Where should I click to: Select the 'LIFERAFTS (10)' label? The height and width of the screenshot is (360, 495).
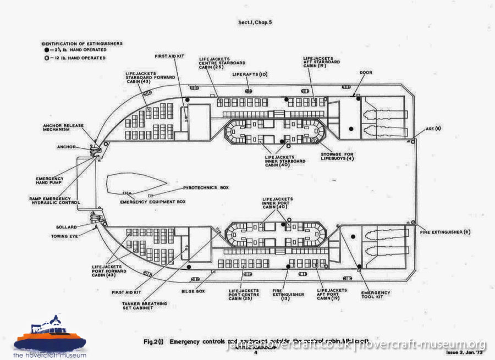pos(250,74)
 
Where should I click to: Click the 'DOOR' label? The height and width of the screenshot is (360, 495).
pos(366,72)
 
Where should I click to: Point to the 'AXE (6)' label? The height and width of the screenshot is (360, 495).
pos(433,128)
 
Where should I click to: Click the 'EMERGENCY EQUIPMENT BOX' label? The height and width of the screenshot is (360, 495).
pos(152,202)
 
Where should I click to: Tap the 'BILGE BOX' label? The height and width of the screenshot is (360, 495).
pos(193,291)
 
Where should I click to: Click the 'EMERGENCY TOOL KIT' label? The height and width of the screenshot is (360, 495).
pos(376,295)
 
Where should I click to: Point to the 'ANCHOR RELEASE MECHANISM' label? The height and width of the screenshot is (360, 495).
pos(63,128)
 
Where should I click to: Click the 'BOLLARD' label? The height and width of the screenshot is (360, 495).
pos(66,226)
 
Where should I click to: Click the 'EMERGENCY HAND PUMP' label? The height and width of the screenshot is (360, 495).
pos(50,181)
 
